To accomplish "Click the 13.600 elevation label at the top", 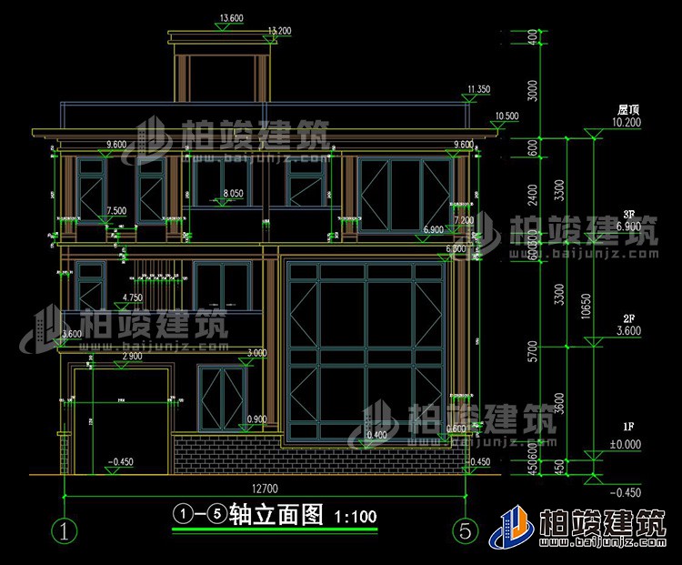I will point(231,18).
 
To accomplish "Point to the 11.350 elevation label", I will point(477,89).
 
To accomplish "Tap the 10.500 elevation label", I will point(506,116).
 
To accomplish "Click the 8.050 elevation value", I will point(233,194).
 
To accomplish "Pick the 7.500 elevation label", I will point(116,211).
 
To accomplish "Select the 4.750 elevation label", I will point(132,298).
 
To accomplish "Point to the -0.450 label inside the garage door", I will point(119,462).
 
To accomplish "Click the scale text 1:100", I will point(356,517).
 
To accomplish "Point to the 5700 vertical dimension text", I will point(532,350).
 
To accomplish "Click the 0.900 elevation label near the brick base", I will point(257,419).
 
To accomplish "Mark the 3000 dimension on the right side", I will point(532,91).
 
